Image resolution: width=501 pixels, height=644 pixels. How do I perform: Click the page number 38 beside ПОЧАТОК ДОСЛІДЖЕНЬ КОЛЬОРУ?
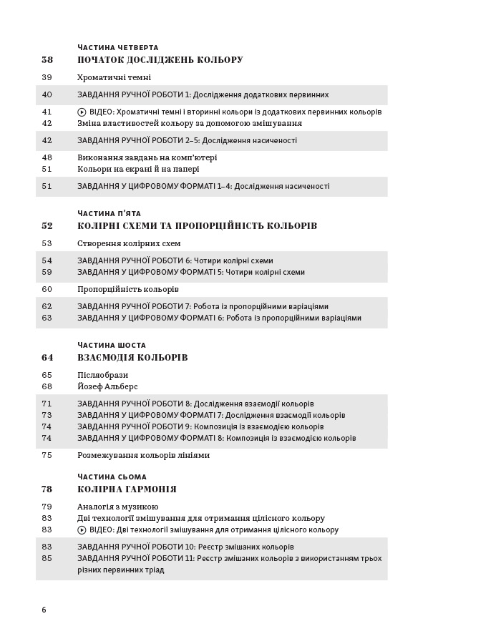(x=47, y=60)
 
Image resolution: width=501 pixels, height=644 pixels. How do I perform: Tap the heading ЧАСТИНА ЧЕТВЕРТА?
(x=118, y=47)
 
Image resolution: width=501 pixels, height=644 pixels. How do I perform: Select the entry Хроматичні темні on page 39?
(x=114, y=77)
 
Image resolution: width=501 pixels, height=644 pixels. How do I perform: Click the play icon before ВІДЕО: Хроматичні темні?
(x=82, y=112)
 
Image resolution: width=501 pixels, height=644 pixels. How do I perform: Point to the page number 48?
(x=47, y=157)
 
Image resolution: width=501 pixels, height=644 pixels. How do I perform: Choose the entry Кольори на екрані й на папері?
(x=138, y=169)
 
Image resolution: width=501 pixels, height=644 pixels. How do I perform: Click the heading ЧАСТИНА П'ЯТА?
(x=110, y=213)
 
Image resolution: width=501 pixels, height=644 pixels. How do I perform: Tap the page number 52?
(x=47, y=226)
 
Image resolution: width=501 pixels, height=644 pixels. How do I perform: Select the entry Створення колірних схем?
(x=130, y=243)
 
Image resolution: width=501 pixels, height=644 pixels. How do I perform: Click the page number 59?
(x=47, y=272)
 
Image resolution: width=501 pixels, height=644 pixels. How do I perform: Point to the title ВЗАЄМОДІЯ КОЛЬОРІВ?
(x=132, y=358)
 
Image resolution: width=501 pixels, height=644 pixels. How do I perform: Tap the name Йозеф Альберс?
(x=111, y=386)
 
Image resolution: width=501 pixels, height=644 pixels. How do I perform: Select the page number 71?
(x=47, y=404)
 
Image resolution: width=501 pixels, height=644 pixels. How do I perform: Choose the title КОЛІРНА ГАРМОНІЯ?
(x=127, y=489)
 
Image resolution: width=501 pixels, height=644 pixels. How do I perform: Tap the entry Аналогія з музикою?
(x=118, y=507)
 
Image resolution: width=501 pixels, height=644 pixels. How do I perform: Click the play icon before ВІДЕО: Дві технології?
(x=82, y=530)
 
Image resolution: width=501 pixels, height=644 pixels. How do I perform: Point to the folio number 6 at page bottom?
(x=44, y=610)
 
